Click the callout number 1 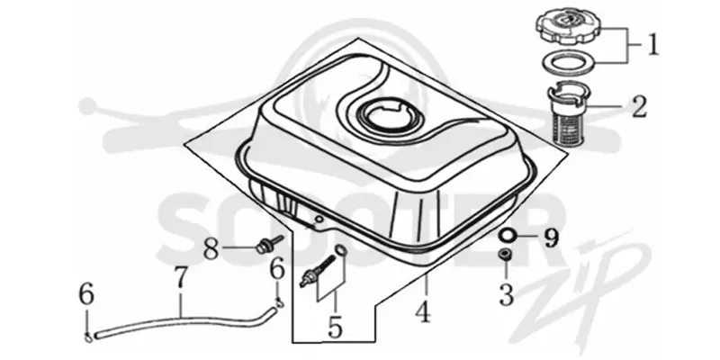click(653, 45)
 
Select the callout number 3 click(506, 295)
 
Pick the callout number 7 click(182, 278)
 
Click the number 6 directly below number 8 click(278, 269)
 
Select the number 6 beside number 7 click(86, 294)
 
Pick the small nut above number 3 click(506, 254)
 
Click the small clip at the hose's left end click(88, 337)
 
